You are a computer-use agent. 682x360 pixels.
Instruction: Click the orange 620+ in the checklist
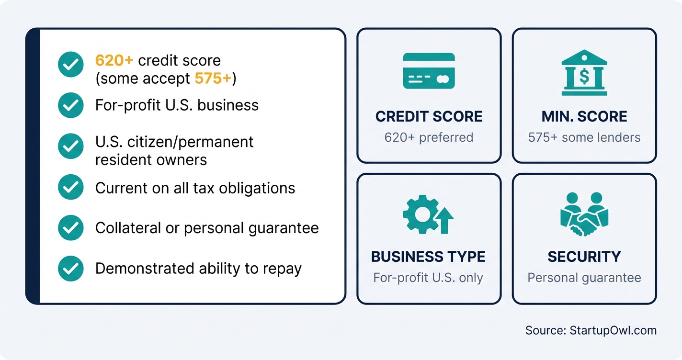click(114, 61)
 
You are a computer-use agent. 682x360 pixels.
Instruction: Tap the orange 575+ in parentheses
click(213, 78)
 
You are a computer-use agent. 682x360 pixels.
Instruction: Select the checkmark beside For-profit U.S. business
click(71, 105)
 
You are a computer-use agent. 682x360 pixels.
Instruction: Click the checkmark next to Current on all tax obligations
click(71, 188)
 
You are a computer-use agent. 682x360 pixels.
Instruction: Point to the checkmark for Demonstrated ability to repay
click(71, 268)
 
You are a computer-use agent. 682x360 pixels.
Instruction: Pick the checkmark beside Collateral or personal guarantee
click(71, 228)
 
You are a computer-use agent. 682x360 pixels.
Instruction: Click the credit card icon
click(429, 71)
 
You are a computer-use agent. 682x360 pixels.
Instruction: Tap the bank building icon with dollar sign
click(584, 73)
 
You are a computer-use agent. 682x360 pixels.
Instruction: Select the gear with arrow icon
click(428, 214)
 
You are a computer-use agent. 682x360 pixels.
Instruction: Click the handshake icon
click(584, 214)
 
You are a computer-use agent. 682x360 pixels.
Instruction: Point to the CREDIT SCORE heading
click(429, 116)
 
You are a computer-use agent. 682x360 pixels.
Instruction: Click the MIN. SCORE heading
click(584, 116)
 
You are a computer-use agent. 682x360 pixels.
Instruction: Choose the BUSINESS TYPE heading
click(428, 257)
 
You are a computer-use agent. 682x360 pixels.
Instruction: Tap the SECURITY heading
click(584, 257)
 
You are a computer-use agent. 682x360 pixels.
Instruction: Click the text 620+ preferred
click(429, 137)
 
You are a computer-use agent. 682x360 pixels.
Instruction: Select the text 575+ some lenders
click(584, 137)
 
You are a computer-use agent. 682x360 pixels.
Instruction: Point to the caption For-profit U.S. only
click(428, 278)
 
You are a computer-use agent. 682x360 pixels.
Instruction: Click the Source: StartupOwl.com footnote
click(591, 330)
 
